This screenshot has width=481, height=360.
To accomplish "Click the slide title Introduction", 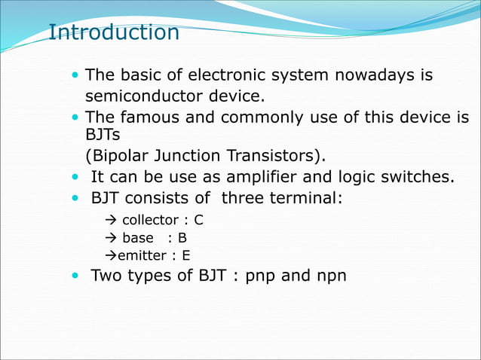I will tap(113, 33).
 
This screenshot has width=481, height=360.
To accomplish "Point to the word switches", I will tap(417, 178).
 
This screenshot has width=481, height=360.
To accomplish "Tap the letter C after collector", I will tap(198, 221).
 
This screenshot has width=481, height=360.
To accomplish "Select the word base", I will tap(138, 238).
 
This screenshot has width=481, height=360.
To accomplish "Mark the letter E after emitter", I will tap(186, 255).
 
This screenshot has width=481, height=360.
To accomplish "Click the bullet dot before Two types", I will tap(75, 276).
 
